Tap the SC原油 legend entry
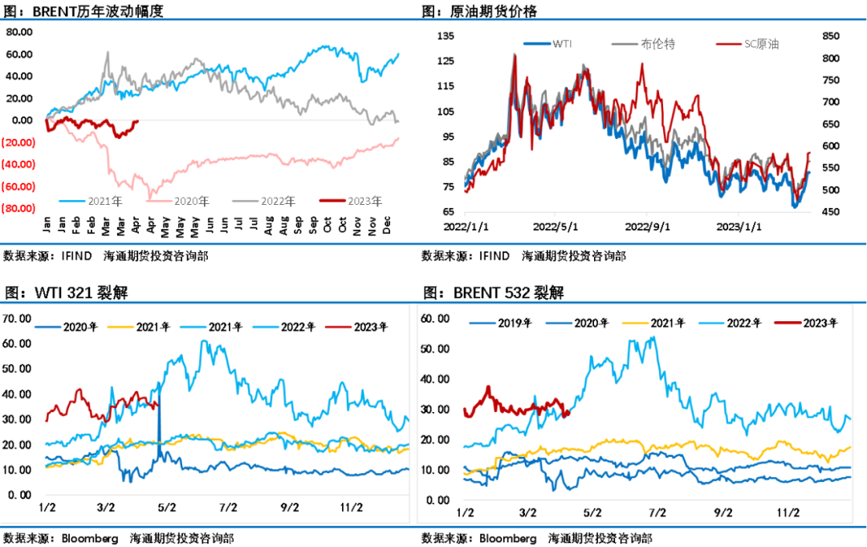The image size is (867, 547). (x=759, y=44)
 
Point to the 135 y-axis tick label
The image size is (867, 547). (x=446, y=35)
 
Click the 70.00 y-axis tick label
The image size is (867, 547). (x=18, y=318)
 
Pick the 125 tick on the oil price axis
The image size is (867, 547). (x=446, y=61)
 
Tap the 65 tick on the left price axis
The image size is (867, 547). (x=449, y=212)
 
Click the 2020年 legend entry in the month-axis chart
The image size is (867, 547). (x=192, y=201)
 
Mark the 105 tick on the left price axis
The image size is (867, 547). (x=446, y=111)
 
